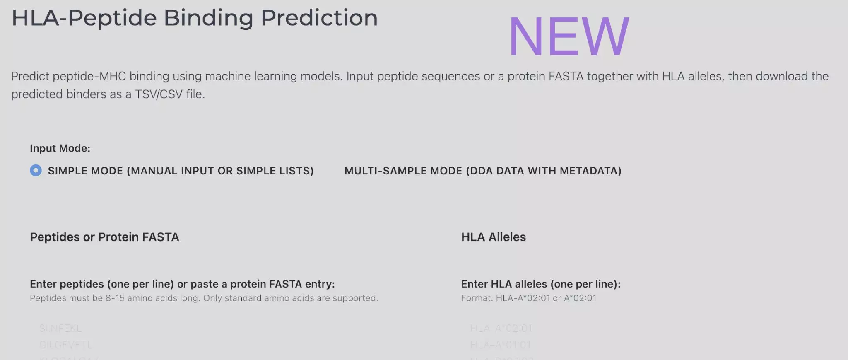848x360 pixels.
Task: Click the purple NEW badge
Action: (569, 36)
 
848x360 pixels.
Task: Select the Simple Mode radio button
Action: (36, 170)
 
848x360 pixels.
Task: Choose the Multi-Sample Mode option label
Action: (482, 171)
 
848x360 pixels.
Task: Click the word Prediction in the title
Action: (319, 18)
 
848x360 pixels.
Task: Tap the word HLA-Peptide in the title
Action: (84, 18)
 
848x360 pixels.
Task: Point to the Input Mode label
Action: (60, 148)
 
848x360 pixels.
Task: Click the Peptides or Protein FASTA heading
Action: (104, 237)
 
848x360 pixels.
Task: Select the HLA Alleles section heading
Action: (493, 237)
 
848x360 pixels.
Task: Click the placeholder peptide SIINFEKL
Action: (60, 329)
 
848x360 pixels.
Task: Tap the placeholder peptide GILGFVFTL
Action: (66, 345)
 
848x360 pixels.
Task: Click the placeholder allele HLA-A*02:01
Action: (501, 329)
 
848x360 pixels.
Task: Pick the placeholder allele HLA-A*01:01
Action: (500, 345)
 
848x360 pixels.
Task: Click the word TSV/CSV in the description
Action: (159, 94)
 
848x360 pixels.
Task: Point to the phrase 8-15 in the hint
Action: (115, 298)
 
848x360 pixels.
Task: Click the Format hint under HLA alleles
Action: (528, 298)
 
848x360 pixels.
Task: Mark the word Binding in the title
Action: (208, 18)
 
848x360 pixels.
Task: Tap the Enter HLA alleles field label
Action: (541, 284)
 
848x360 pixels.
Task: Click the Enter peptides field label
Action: (182, 284)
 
